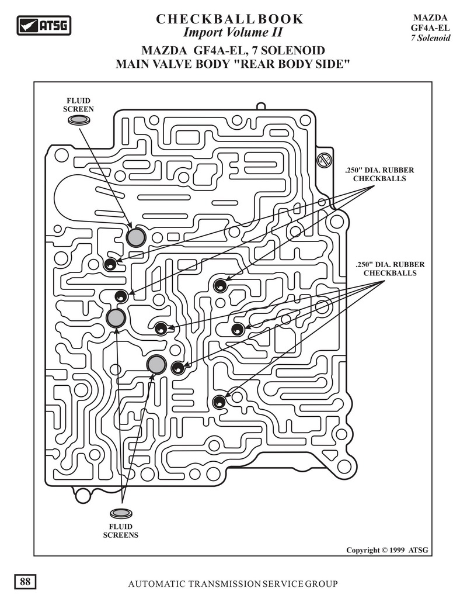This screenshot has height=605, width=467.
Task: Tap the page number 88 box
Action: coord(26,582)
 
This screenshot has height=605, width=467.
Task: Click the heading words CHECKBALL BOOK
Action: coord(230,19)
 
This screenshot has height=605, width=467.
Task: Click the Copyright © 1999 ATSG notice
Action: coord(386,549)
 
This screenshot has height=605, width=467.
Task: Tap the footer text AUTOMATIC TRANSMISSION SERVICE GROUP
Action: coord(233,583)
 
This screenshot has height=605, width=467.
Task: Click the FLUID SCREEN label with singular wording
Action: coord(78,105)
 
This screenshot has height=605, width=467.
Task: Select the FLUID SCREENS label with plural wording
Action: coord(121,530)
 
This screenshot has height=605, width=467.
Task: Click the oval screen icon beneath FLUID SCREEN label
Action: coord(79,120)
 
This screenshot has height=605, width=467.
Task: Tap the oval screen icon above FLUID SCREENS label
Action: coord(121,513)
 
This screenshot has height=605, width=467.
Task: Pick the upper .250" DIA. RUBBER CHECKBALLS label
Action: coord(379,174)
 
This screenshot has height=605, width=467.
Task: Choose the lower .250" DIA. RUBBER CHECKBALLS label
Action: coord(389,269)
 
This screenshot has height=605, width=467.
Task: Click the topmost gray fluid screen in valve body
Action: coord(136,237)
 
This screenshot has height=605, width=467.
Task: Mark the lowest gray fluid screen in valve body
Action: coord(156,364)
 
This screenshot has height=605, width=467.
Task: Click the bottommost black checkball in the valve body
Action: coord(219,402)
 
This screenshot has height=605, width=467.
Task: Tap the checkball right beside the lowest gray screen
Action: coord(177,368)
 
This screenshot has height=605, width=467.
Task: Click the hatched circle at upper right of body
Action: coord(322,160)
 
